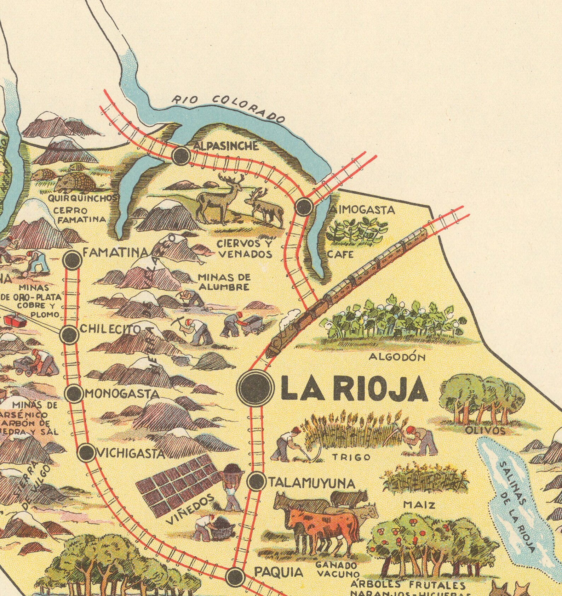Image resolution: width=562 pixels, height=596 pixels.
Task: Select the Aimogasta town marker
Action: tap(304, 206)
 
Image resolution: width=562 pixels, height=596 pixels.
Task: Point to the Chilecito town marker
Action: tap(69, 334)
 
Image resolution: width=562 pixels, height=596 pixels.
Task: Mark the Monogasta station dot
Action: tap(74, 393)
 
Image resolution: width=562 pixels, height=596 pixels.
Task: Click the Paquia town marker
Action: tap(235, 576)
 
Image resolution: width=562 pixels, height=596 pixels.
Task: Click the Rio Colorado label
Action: tap(228, 107)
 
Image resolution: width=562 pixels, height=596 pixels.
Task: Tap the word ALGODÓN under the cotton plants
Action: tap(397, 357)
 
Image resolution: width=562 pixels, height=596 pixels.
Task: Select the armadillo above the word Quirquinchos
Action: tap(75, 182)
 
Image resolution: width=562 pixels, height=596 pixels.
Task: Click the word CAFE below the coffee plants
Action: tap(340, 254)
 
